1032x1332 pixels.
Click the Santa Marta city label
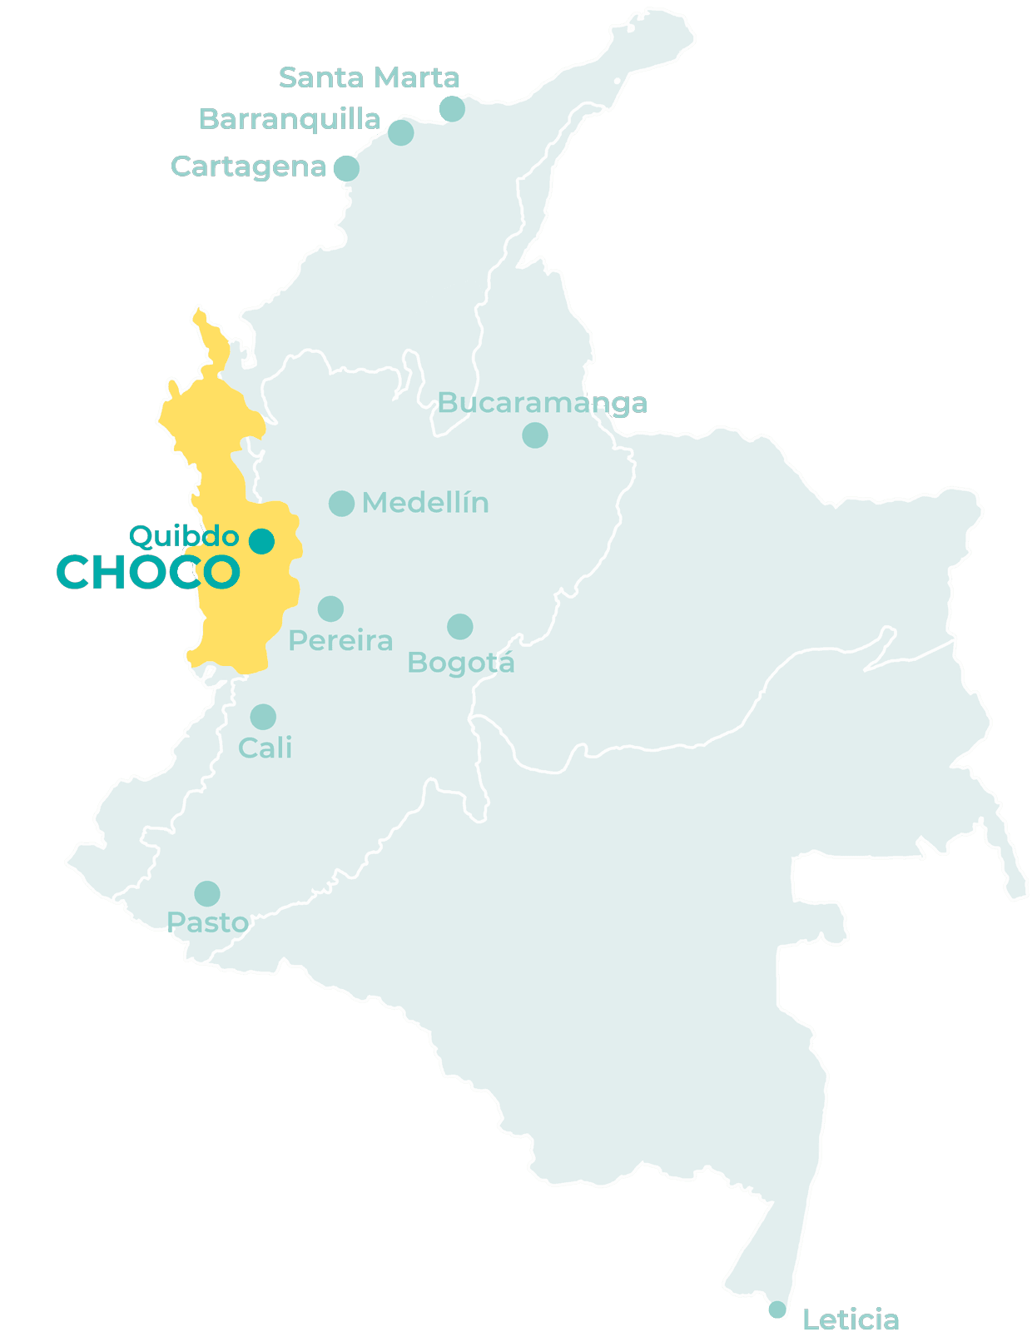(x=370, y=77)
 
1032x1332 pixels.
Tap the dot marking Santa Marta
(x=452, y=108)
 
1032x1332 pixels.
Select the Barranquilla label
(x=290, y=119)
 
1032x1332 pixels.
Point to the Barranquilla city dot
(x=401, y=132)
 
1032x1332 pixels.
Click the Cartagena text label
(x=249, y=166)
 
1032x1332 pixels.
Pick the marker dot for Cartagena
(x=346, y=168)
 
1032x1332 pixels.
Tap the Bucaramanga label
(x=543, y=403)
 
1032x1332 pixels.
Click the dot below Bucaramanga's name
(x=535, y=435)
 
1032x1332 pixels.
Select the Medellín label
(x=425, y=503)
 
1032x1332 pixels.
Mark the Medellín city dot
(x=341, y=503)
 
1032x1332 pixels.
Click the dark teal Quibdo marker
(x=261, y=541)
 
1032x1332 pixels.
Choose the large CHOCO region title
(x=148, y=573)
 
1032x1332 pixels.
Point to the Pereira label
(x=340, y=641)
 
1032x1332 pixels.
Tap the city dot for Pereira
(x=330, y=609)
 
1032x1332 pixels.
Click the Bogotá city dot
(x=460, y=627)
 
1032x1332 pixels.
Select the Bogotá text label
(x=461, y=664)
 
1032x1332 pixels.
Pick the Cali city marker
(x=263, y=717)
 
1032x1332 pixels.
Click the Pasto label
(x=207, y=922)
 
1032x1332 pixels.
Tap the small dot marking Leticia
(x=776, y=1310)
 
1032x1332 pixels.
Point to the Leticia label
(x=851, y=1319)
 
